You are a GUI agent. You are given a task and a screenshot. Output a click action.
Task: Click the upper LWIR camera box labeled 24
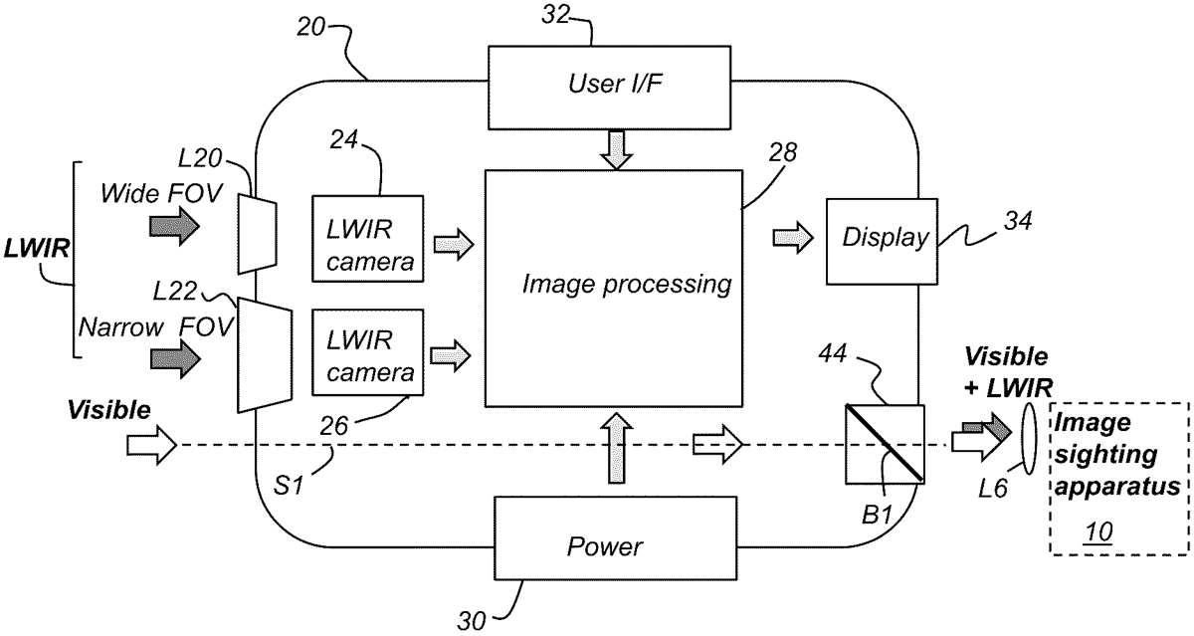point(368,237)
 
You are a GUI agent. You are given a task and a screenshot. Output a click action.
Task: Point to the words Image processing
point(627,285)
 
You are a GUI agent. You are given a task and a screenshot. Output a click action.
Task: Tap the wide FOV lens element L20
point(258,233)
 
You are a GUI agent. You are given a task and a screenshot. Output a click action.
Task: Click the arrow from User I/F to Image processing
point(614,150)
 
